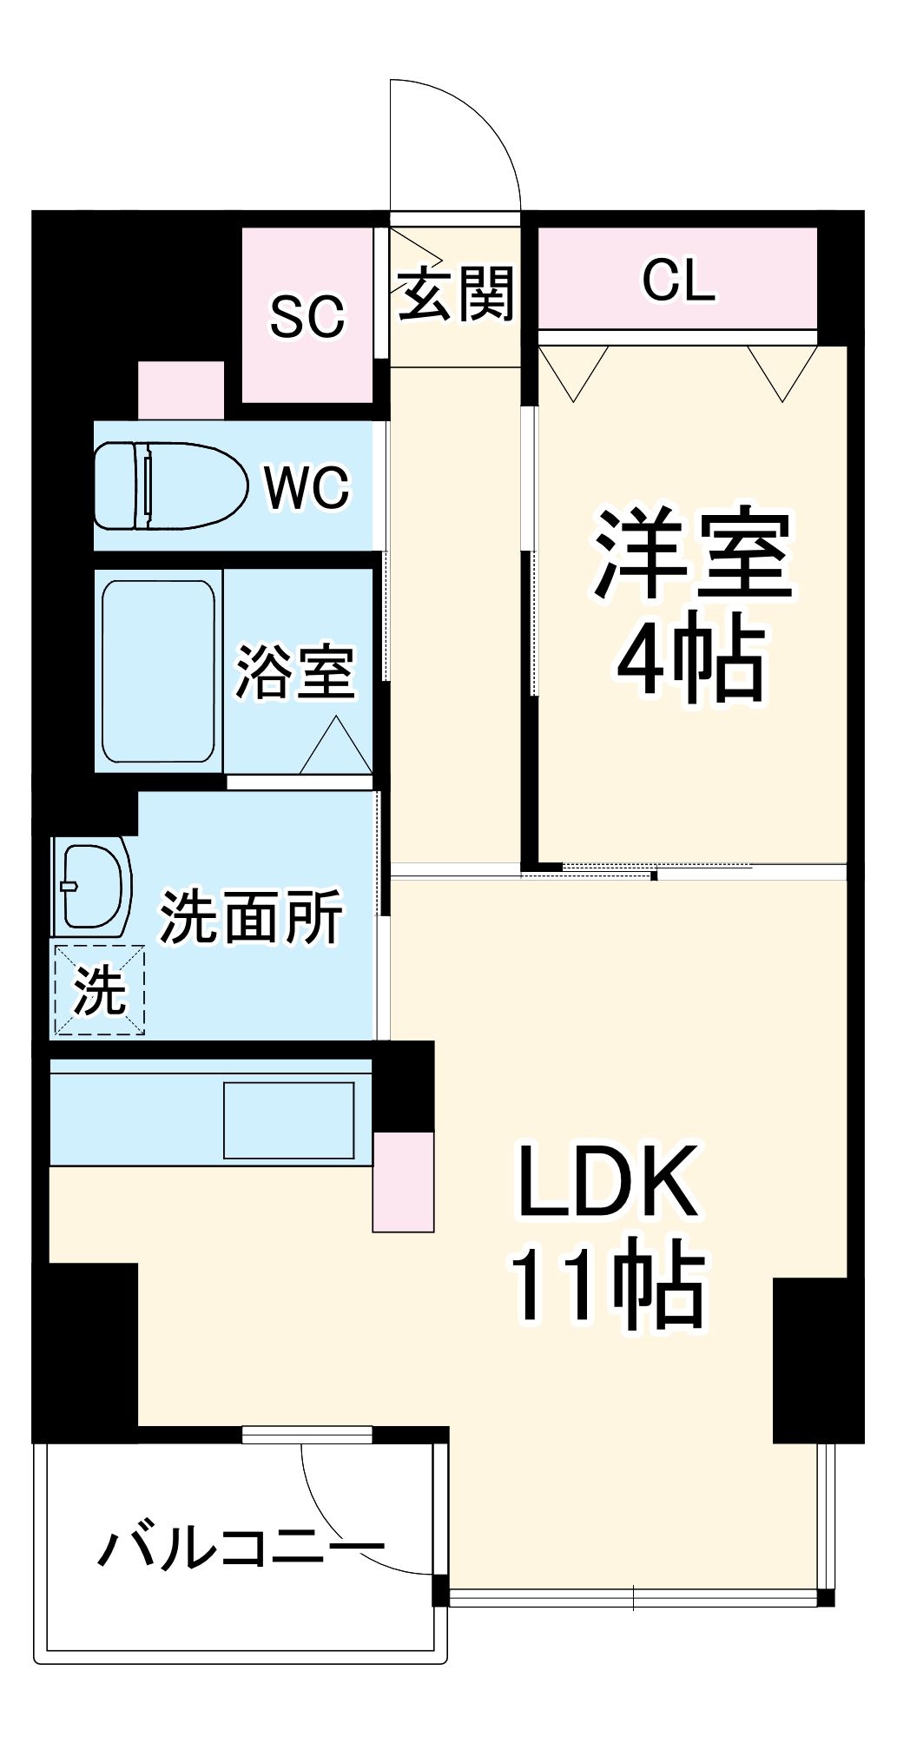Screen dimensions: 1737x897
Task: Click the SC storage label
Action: (307, 317)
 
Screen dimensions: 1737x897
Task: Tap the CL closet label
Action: (679, 281)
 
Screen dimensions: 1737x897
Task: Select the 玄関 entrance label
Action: (456, 294)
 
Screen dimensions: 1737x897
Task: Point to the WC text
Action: (307, 487)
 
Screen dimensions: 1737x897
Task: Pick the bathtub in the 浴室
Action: (158, 670)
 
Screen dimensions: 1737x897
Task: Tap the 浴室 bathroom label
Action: (296, 671)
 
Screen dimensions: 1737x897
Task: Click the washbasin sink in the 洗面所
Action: (91, 886)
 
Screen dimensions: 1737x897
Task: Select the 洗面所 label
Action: (251, 917)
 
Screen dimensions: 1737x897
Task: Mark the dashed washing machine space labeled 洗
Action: (99, 990)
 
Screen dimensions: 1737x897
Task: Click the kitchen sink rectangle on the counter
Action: (289, 1119)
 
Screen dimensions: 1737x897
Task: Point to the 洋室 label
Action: (692, 554)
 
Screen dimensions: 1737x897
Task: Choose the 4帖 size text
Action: (692, 657)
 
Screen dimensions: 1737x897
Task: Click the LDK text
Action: (608, 1183)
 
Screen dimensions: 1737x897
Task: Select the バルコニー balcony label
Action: (241, 1548)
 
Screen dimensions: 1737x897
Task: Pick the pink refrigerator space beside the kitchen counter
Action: (403, 1182)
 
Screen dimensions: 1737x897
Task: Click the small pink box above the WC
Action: (181, 390)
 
